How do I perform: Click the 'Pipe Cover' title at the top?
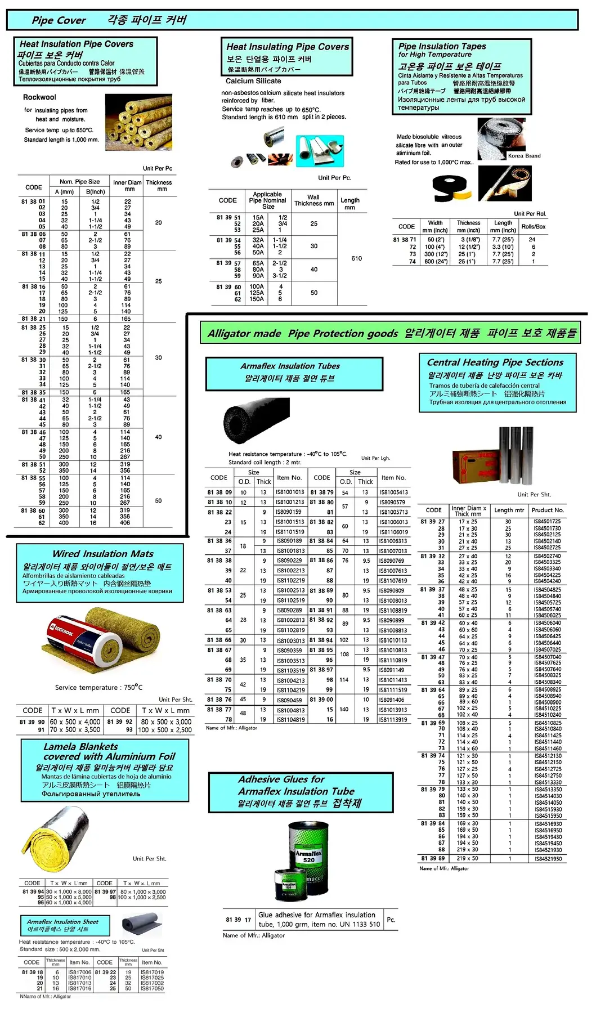tap(59, 20)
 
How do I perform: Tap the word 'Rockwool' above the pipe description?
tap(39, 97)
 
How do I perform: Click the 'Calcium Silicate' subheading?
tap(253, 81)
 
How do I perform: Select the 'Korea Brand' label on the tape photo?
tap(524, 156)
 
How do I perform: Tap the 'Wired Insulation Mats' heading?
tap(102, 554)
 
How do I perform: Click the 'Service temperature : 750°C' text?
tap(98, 687)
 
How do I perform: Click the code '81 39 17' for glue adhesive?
tap(238, 920)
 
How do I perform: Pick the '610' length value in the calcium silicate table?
tap(356, 258)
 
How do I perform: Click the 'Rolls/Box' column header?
tap(533, 226)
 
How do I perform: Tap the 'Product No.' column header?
tap(548, 510)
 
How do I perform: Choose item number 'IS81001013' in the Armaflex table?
tap(290, 492)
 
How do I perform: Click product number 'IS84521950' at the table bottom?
tap(548, 859)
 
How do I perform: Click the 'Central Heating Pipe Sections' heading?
tap(495, 362)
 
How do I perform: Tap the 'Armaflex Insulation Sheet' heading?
tap(62, 922)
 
